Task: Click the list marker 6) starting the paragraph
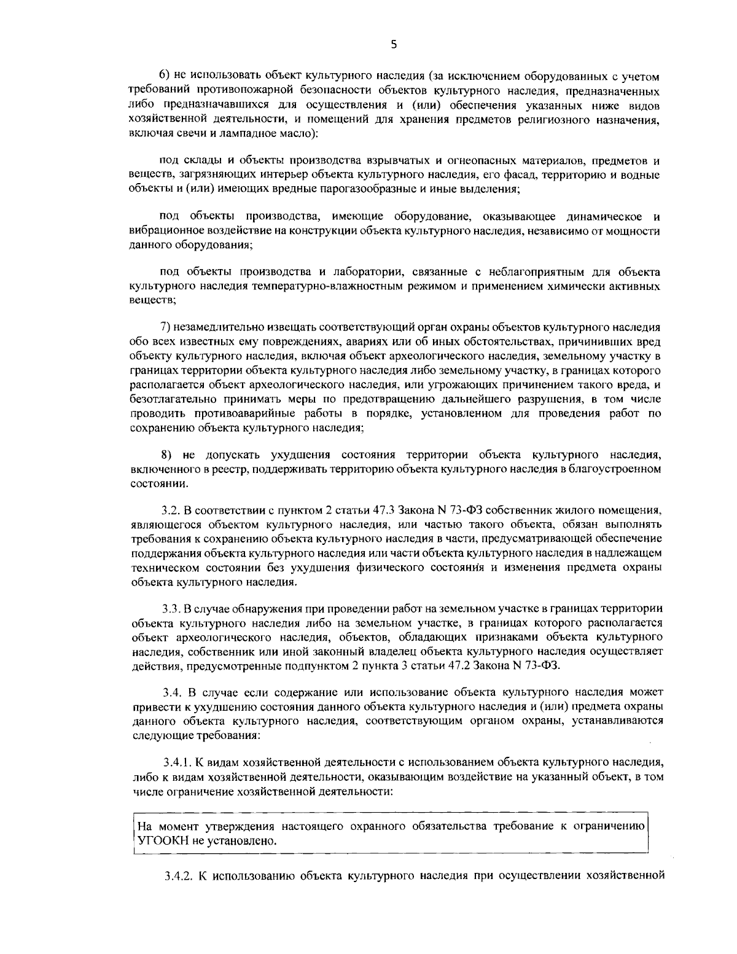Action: click(165, 76)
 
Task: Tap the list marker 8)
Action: click(166, 455)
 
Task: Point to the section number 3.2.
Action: click(170, 510)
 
